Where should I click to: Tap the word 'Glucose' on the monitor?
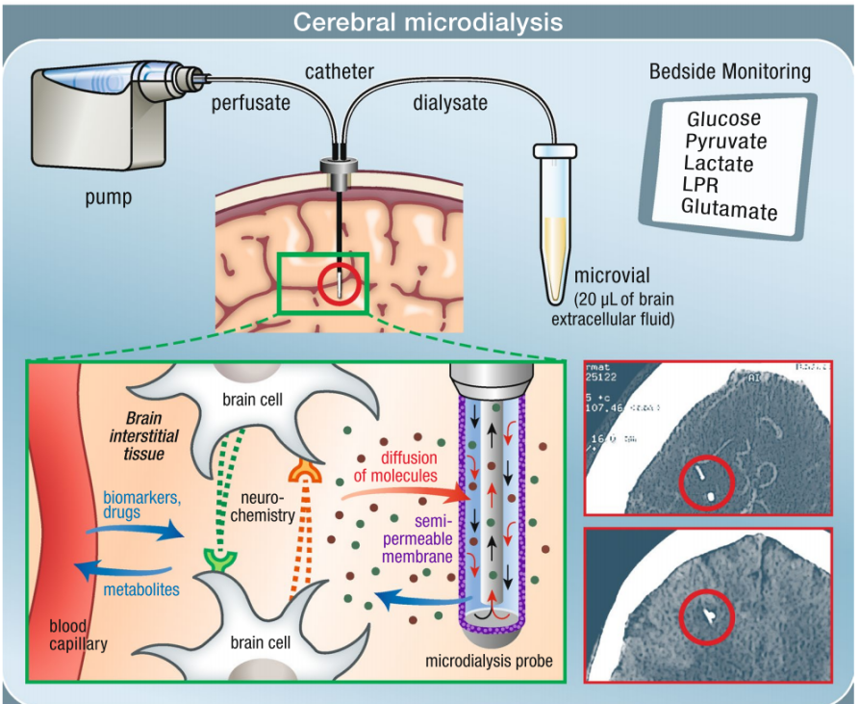click(x=723, y=118)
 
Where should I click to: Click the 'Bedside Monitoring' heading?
click(x=730, y=72)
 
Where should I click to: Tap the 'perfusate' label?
click(x=249, y=103)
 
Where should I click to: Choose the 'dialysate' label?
click(x=452, y=103)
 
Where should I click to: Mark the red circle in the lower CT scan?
click(x=710, y=616)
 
